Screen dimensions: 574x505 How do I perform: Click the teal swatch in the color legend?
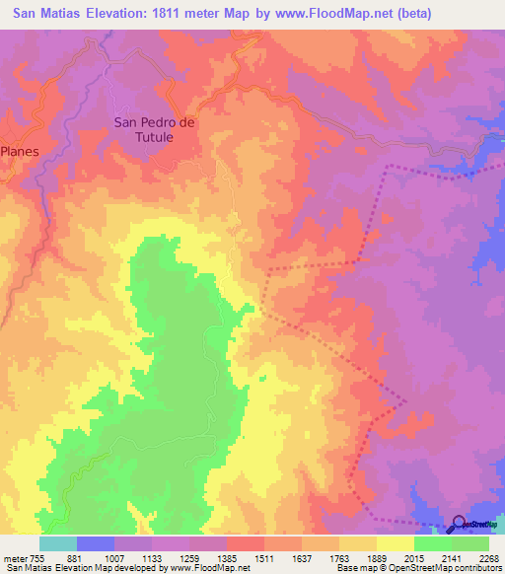58,543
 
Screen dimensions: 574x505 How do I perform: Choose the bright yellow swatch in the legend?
396,543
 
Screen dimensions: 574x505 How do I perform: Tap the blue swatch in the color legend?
96,543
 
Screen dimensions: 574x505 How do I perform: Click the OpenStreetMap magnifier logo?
460,526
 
